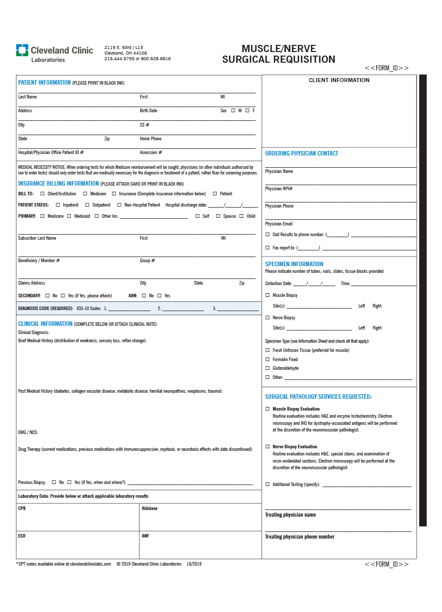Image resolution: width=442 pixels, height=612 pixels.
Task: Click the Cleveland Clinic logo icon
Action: tap(22, 50)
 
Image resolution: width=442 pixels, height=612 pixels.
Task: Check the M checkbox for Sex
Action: tap(233, 111)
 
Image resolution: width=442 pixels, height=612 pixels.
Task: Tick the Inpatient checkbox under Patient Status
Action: tap(58, 205)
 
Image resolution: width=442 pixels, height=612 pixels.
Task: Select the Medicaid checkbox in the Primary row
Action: tap(69, 216)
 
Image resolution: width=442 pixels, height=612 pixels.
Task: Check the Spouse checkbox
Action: tap(218, 216)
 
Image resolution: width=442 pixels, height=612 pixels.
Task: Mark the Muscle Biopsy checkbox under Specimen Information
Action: tap(268, 295)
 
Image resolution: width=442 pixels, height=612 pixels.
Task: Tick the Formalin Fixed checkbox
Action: tap(268, 360)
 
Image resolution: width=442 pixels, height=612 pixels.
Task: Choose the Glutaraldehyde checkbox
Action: tap(268, 368)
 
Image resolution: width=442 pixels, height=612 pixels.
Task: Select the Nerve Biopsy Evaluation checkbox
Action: tap(268, 447)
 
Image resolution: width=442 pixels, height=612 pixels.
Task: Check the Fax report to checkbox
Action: tap(268, 248)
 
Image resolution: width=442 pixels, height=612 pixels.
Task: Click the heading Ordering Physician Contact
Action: tap(301, 154)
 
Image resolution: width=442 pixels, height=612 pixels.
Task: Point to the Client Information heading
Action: tap(339, 80)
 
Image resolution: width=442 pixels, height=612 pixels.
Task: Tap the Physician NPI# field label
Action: tap(279, 189)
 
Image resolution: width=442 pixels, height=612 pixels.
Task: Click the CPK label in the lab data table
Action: tap(22, 508)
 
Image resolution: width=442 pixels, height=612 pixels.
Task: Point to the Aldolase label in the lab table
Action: tap(149, 508)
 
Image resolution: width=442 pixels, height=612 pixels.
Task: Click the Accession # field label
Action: tap(151, 152)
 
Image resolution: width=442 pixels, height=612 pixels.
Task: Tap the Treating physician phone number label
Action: tap(300, 537)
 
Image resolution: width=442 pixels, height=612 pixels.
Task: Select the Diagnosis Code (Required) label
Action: tap(45, 309)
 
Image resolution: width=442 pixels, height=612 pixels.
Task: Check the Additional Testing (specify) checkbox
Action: tap(268, 484)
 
